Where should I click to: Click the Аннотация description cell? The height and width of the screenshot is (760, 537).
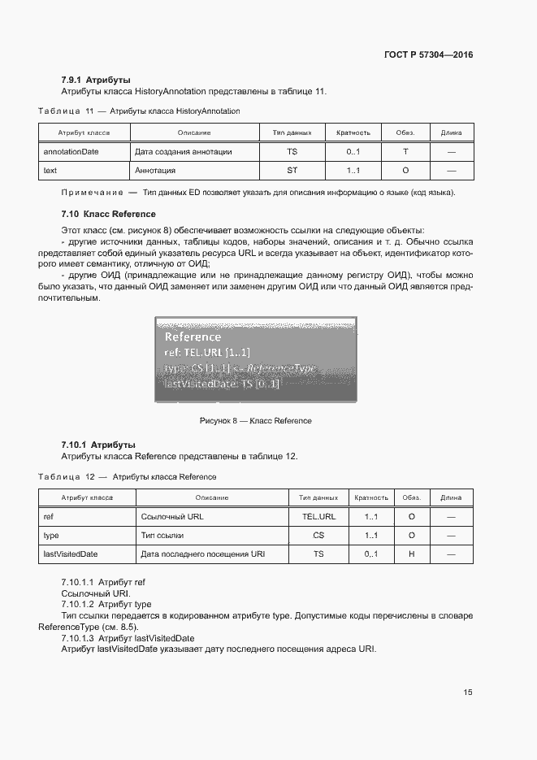(x=156, y=171)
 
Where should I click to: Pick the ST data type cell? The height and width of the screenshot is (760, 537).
(x=292, y=171)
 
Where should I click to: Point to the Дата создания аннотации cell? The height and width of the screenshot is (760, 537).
(x=183, y=151)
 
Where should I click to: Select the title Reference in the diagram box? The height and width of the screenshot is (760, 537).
(x=193, y=337)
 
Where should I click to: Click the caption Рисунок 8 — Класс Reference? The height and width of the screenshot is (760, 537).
(x=256, y=421)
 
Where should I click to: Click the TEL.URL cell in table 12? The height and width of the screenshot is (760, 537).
(x=318, y=516)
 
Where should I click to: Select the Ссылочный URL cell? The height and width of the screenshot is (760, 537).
(x=170, y=516)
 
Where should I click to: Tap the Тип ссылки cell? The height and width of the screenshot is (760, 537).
(x=162, y=536)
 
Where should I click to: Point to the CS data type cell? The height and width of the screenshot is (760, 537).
(x=318, y=536)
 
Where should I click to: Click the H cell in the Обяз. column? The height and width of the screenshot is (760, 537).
(x=412, y=554)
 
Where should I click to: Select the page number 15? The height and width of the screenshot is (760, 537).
(x=468, y=693)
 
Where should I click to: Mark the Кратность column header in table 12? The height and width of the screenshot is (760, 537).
(x=371, y=497)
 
